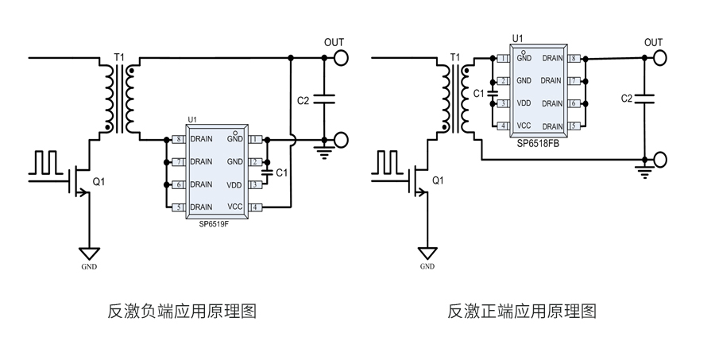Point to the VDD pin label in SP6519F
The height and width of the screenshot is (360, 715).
234,184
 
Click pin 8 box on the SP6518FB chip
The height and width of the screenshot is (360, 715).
574,58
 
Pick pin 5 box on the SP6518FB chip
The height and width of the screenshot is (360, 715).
574,126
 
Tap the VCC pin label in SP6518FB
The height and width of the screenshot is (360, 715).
524,126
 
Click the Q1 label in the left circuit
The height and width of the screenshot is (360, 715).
99,181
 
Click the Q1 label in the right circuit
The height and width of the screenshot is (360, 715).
437,181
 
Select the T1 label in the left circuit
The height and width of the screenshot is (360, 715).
120,58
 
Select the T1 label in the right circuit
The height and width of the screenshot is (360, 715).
455,58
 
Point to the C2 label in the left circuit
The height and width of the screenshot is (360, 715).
303,100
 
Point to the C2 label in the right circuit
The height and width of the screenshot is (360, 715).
627,98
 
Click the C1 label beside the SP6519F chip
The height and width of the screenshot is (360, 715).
281,172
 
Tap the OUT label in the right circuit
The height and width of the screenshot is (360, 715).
653,42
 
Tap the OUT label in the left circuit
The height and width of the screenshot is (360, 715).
334,42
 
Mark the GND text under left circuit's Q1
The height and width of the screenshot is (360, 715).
89,267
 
